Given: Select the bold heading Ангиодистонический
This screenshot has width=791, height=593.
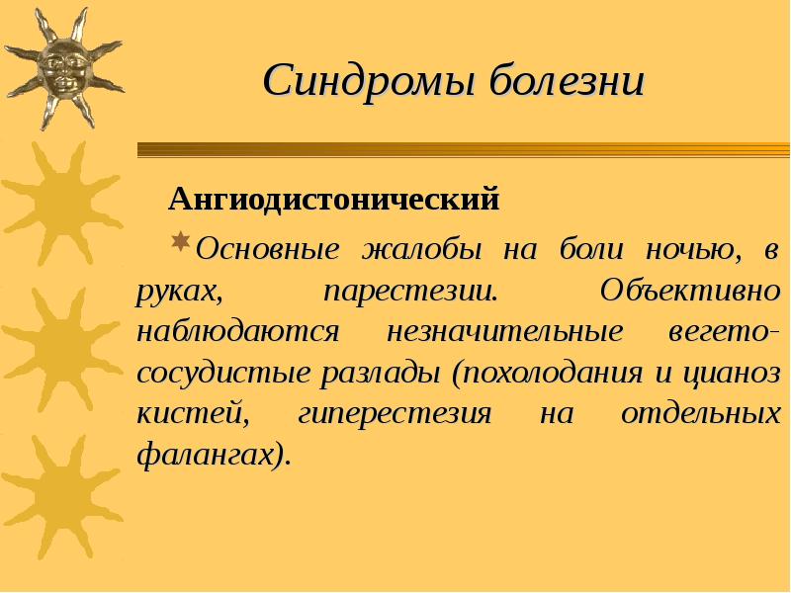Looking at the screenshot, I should coord(334,202).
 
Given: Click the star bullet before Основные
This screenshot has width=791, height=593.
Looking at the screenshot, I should coord(180,241).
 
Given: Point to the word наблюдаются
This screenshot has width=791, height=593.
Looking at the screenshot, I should coord(238,332).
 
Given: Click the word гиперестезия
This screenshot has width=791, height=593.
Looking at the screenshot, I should coord(395,414).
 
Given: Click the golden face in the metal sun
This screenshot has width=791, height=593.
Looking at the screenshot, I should coord(61,67).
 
